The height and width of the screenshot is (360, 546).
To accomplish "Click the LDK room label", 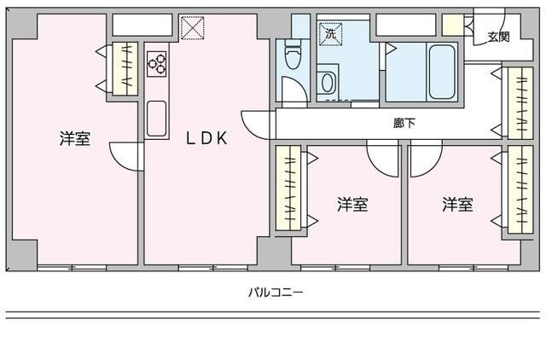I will (x=207, y=139).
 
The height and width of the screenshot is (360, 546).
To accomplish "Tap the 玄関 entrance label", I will (x=498, y=37).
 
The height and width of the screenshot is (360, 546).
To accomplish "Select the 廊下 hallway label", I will (x=404, y=124).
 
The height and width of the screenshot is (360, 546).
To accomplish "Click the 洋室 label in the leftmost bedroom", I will (x=75, y=139).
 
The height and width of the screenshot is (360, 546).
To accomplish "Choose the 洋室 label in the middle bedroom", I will (x=351, y=205).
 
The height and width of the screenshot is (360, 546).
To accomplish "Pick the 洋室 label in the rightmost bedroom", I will (x=457, y=205).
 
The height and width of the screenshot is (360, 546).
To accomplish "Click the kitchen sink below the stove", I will (x=157, y=118).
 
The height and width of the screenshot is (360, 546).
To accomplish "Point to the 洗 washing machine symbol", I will (x=329, y=34).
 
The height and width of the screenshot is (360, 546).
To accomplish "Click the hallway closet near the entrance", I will (x=516, y=102).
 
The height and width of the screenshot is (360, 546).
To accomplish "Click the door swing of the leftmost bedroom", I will (x=125, y=156).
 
